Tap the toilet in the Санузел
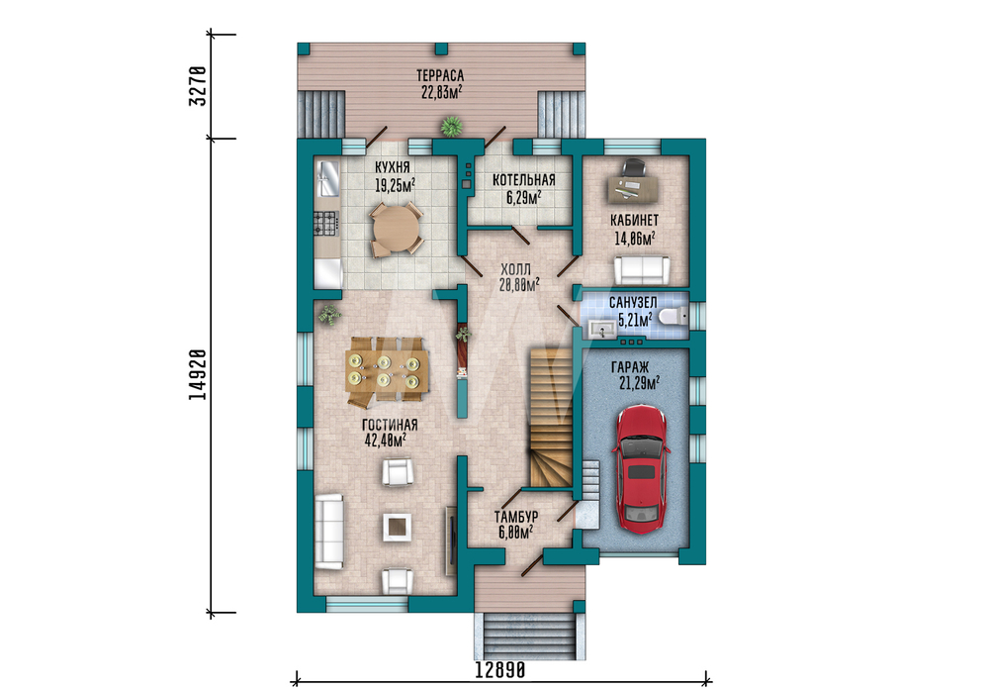674,315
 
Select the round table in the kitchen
396,229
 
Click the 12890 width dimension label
499,669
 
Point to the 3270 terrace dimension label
198,86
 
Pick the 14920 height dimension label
198,374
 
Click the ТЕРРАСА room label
440,76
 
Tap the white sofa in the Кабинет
642,270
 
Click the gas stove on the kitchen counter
326,223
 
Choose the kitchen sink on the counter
328,178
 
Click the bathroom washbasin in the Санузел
602,329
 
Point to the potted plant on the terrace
452,127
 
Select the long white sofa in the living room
328,532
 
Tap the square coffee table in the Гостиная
398,527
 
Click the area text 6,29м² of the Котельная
523,198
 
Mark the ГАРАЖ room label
630,367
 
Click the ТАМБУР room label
516,517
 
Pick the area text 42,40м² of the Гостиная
385,440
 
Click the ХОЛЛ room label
516,269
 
